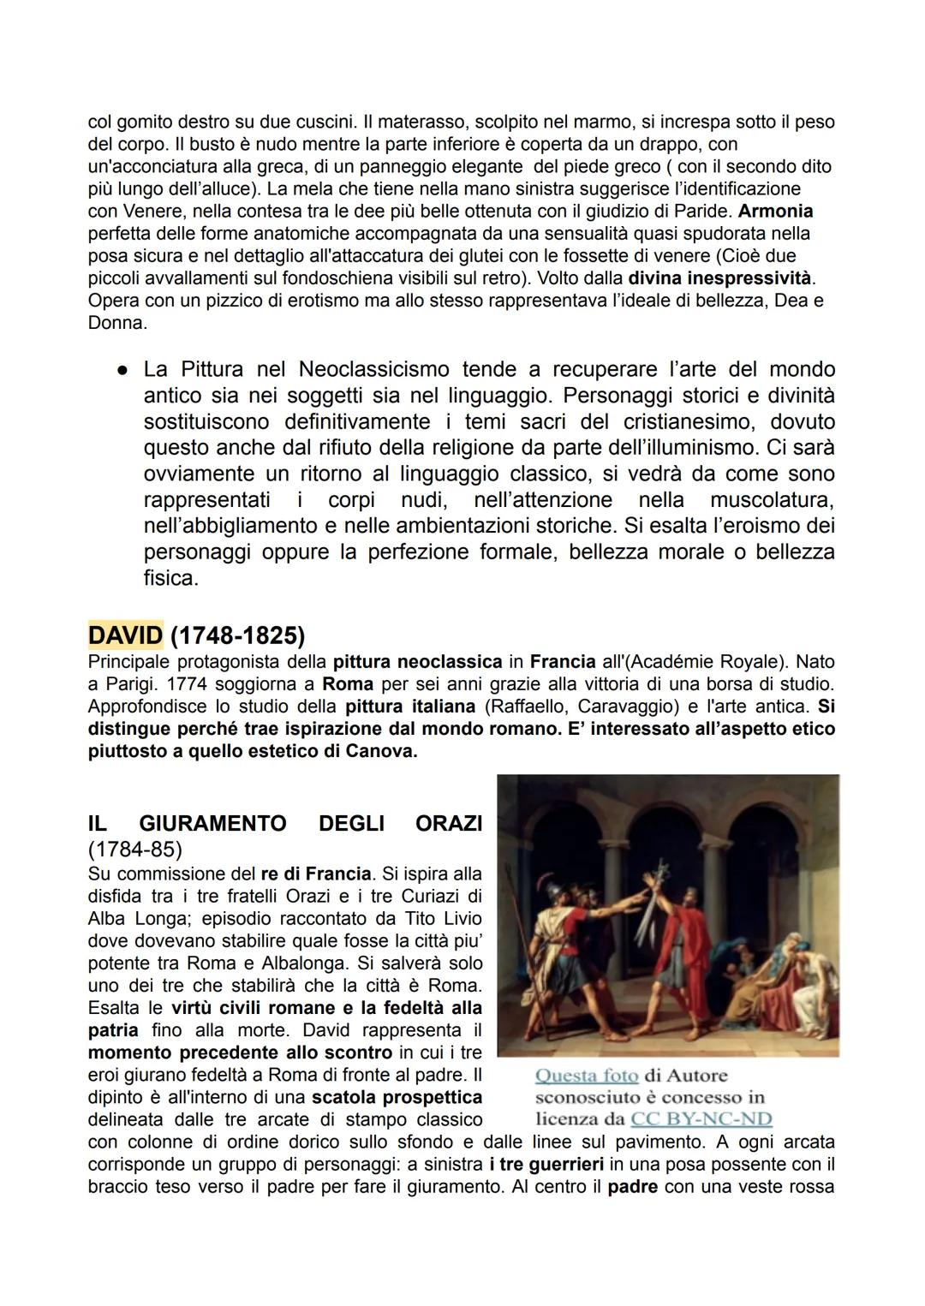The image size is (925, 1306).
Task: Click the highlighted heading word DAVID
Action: pos(125,635)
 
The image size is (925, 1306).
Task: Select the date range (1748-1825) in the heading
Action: pos(237,635)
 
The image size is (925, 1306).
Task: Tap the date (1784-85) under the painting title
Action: pos(134,850)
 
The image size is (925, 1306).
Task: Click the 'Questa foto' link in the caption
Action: pos(587,1076)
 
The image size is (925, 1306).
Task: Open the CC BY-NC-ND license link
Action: pos(701,1119)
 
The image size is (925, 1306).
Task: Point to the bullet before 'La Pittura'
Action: pos(123,370)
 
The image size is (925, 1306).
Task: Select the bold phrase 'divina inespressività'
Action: pos(720,277)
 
